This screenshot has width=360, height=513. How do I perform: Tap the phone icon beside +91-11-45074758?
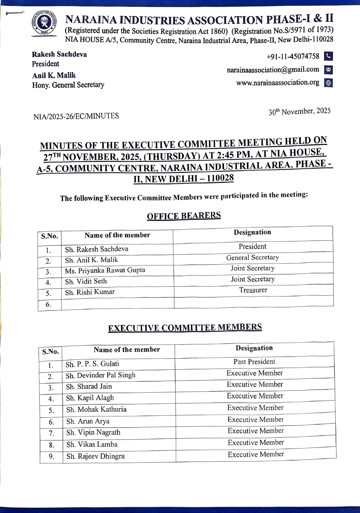click(x=328, y=56)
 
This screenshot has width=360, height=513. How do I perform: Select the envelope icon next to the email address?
click(x=328, y=70)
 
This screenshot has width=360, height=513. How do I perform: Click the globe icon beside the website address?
click(x=328, y=83)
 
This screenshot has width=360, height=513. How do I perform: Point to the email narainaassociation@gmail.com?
click(x=273, y=70)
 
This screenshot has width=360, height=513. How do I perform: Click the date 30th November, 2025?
click(x=300, y=111)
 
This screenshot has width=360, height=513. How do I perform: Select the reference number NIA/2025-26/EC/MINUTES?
click(x=76, y=116)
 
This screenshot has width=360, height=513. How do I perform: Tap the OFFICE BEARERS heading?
click(x=184, y=216)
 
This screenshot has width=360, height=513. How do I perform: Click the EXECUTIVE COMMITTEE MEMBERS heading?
click(x=185, y=328)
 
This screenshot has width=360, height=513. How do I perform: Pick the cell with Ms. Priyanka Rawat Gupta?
click(x=105, y=270)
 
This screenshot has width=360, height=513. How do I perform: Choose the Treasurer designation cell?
click(x=253, y=290)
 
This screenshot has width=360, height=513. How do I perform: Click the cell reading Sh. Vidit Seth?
click(x=86, y=281)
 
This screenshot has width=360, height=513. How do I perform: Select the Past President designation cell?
click(x=254, y=362)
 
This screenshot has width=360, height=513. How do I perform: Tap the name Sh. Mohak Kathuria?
click(x=96, y=409)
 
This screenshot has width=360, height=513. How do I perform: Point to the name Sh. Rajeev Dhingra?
click(x=95, y=456)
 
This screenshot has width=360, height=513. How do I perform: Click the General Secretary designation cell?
click(x=252, y=258)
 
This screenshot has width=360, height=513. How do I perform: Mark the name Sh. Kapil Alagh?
click(x=90, y=398)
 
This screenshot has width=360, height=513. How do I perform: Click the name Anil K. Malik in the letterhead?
click(x=54, y=75)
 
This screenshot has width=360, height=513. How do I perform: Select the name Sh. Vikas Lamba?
click(x=92, y=444)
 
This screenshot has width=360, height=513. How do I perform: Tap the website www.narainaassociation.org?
click(x=278, y=83)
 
